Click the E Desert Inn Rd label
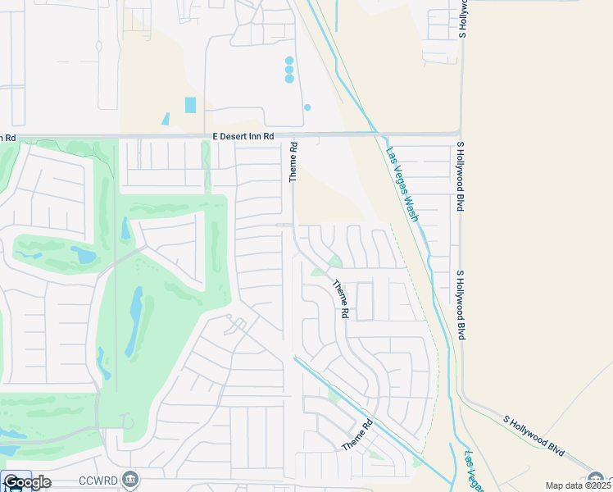(x=242, y=137)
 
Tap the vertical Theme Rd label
(x=293, y=162)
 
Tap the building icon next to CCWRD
(x=130, y=479)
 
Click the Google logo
(x=26, y=482)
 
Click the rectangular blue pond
(x=191, y=105)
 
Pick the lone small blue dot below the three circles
(x=307, y=107)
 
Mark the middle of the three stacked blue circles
(x=289, y=70)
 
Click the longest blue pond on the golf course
(x=134, y=321)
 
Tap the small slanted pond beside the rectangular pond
(x=166, y=119)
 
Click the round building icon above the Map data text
(x=597, y=478)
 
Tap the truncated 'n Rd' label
(x=8, y=137)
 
